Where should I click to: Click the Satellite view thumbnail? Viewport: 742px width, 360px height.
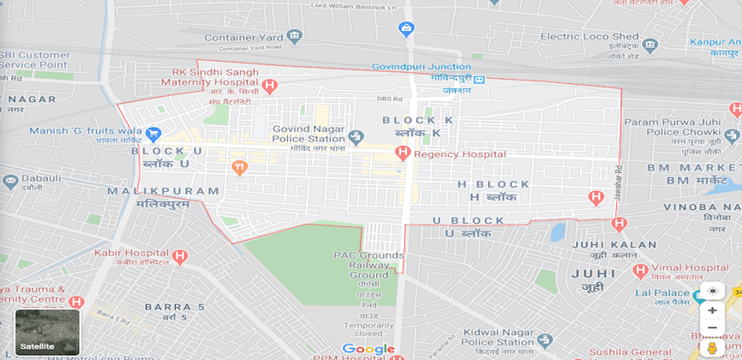[47, 331]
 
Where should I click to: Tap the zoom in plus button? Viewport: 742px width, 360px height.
[712, 310]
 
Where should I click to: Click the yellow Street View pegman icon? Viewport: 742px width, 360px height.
[712, 347]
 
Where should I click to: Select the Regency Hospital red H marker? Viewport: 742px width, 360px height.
[403, 153]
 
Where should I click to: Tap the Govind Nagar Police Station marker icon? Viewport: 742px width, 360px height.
[357, 136]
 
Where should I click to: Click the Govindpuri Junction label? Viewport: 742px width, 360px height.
[421, 67]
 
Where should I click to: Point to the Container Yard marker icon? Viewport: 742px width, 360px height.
[295, 37]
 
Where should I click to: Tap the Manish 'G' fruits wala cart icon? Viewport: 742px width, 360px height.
[153, 134]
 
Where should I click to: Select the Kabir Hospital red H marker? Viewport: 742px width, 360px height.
[179, 256]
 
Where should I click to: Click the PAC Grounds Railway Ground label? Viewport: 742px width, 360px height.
[368, 265]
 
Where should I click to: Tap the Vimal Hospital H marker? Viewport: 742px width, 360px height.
[639, 271]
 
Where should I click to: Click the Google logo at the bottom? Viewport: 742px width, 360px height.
[368, 349]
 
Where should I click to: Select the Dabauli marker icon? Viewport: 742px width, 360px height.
[10, 182]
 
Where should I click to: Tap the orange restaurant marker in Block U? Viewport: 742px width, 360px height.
[239, 167]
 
